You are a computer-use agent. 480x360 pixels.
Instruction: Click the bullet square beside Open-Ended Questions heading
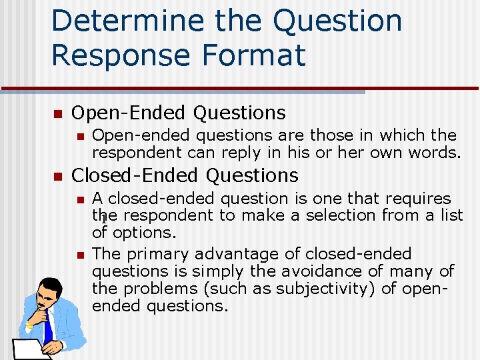click(57, 113)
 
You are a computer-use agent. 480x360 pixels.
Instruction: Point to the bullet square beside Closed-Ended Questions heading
click(57, 176)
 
